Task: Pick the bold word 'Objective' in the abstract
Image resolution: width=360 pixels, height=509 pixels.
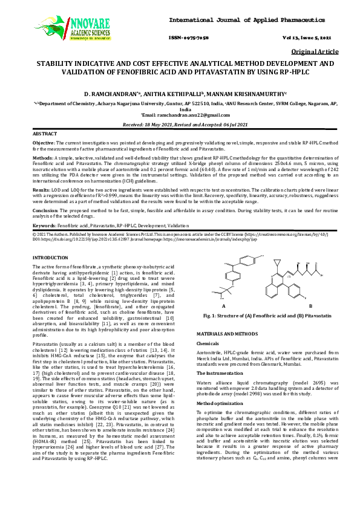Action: (x=43, y=143)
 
